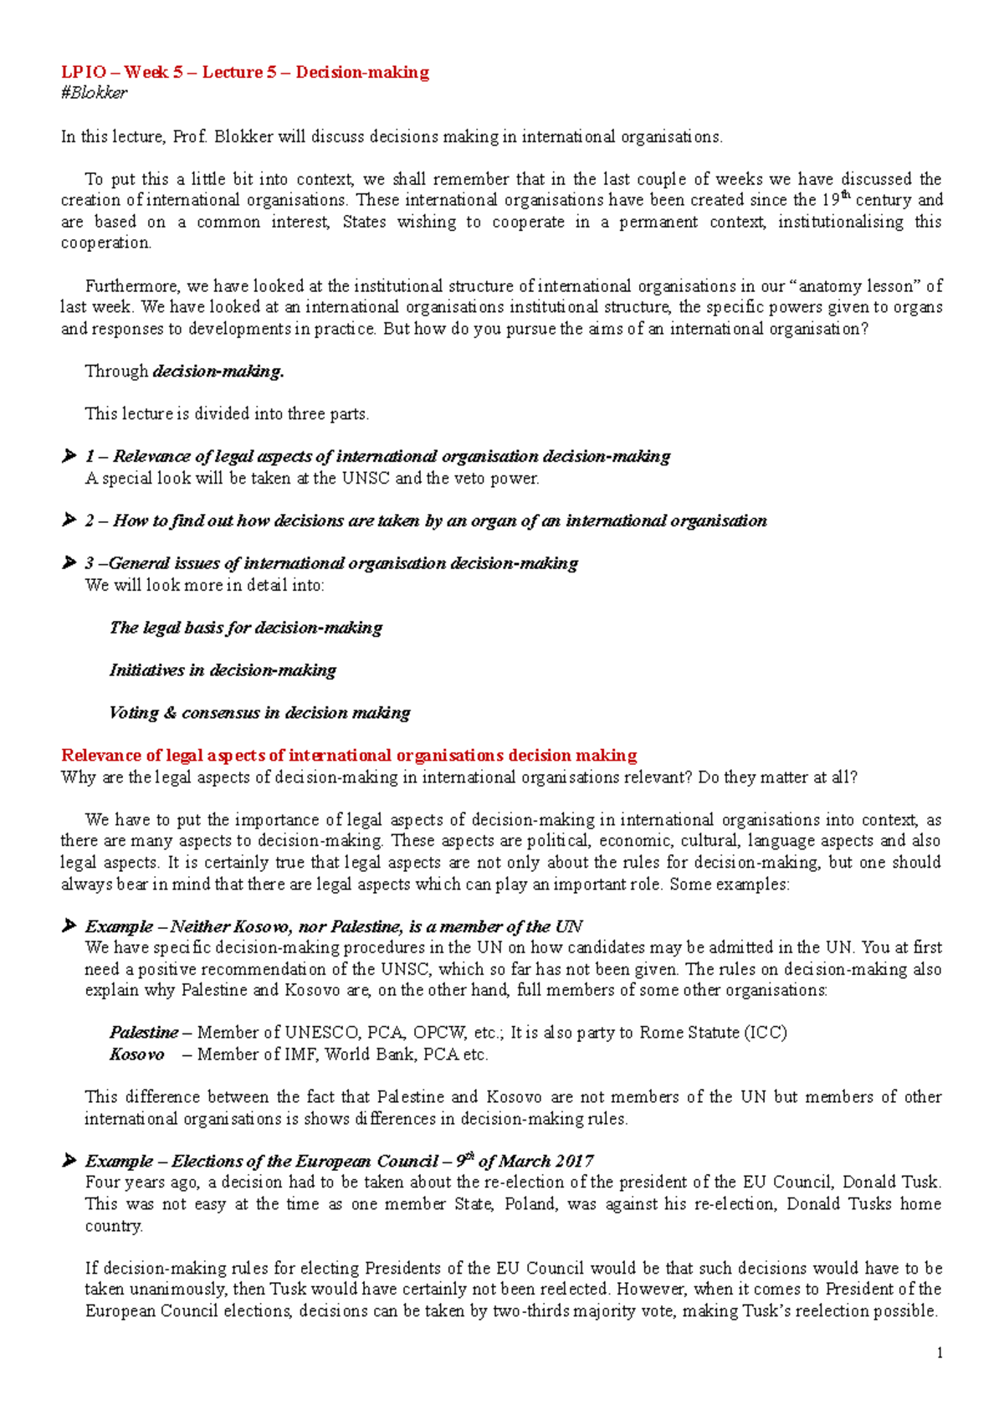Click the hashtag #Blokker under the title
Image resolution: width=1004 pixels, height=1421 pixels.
tap(94, 93)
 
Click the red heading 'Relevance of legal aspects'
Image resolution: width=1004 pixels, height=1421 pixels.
tap(349, 755)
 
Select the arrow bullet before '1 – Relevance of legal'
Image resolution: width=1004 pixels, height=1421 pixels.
tap(69, 456)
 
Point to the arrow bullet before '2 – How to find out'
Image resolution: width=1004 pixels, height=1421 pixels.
tap(69, 521)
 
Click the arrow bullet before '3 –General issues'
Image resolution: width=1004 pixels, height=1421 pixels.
tap(69, 563)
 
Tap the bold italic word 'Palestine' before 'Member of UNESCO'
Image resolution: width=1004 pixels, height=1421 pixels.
tap(144, 1033)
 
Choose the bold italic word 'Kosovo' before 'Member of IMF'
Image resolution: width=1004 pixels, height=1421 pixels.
tap(136, 1054)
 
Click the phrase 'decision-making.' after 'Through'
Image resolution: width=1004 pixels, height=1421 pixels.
tap(218, 371)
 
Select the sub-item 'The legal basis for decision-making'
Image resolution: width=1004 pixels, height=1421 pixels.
tap(246, 628)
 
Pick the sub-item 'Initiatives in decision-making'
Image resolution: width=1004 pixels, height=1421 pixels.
tap(223, 670)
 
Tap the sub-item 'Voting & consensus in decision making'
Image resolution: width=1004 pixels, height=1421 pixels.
tap(259, 713)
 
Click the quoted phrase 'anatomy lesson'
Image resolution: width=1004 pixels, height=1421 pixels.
tap(854, 285)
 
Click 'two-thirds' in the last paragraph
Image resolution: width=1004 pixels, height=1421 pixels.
tap(531, 1311)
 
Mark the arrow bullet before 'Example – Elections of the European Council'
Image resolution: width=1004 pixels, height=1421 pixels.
tap(69, 1162)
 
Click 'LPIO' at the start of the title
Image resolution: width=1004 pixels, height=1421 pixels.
tap(84, 72)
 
